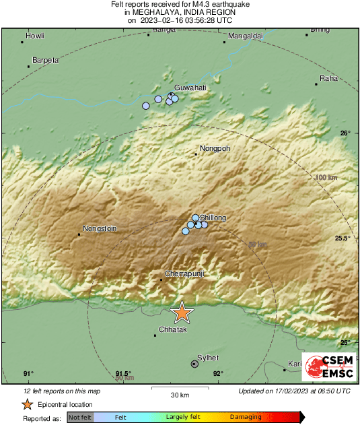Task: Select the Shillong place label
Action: [213, 218]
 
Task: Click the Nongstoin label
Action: [100, 228]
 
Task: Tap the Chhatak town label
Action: [172, 329]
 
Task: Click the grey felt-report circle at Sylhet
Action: [194, 364]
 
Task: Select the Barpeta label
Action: [46, 60]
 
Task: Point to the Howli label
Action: [34, 35]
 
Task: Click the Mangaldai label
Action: [245, 35]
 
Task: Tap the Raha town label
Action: [329, 78]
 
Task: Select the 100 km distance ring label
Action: [325, 177]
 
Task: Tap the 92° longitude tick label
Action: [218, 374]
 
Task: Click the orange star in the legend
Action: [27, 404]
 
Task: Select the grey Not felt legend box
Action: [81, 418]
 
